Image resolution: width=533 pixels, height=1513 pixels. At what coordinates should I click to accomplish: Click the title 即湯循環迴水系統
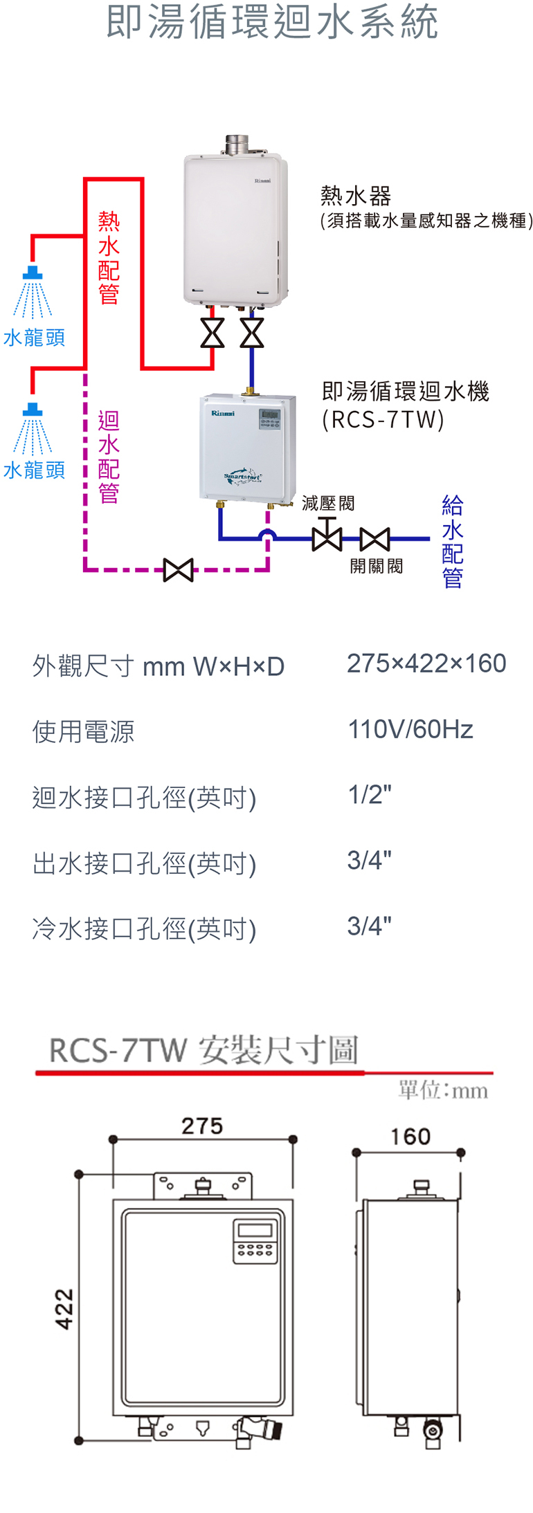(272, 22)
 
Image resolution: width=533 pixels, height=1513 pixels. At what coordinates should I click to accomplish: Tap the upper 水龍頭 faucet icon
(33, 291)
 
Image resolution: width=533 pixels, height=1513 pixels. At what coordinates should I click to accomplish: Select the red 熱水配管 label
(109, 257)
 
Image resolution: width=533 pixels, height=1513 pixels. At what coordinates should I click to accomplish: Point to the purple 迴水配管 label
(109, 457)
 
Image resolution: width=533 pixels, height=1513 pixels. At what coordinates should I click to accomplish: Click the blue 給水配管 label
(452, 541)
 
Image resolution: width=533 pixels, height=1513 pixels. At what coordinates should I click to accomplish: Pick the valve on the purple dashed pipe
(178, 570)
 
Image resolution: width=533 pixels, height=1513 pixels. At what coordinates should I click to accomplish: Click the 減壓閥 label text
(328, 503)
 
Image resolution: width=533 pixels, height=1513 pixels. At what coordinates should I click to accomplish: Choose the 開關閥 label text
(376, 566)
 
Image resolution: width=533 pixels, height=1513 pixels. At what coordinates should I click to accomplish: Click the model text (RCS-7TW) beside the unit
(383, 420)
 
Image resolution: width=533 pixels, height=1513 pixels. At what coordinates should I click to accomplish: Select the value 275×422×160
(426, 663)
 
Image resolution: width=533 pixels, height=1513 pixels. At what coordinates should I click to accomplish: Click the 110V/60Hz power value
(410, 729)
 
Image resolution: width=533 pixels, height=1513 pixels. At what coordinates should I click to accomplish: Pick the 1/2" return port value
(370, 795)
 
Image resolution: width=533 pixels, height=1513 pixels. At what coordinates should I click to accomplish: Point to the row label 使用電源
(83, 731)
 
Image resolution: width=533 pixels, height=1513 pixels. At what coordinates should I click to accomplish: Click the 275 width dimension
(202, 1126)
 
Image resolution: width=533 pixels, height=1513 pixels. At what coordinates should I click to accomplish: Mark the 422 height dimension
(64, 1308)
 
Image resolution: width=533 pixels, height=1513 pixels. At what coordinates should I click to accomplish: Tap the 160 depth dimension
(410, 1137)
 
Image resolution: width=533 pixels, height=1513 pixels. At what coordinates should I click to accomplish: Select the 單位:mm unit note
(443, 1091)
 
